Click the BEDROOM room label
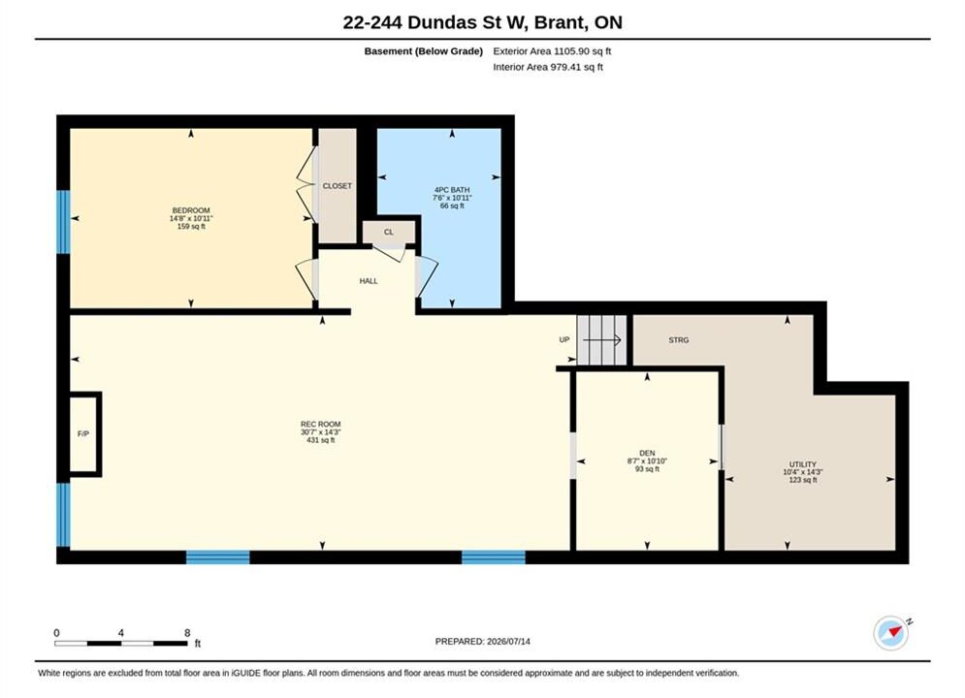coord(191,210)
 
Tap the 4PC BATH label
coord(452,190)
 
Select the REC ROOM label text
coord(321,425)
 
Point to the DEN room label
coord(647,454)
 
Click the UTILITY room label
coord(802,464)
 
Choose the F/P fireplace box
coord(83,434)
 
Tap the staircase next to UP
coord(602,340)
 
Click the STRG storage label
coord(679,340)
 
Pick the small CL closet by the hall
coord(389,232)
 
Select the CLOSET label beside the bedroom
coord(338,186)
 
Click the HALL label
coord(369,281)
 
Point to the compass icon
coord(891,632)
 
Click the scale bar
coord(121,644)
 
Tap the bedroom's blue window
coord(63,222)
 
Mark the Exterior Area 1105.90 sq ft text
coord(552,51)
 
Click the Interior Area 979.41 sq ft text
coord(548,67)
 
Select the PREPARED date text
coord(483,642)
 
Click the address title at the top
coord(483,22)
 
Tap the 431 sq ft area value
coord(321,440)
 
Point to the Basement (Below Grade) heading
coord(424,51)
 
